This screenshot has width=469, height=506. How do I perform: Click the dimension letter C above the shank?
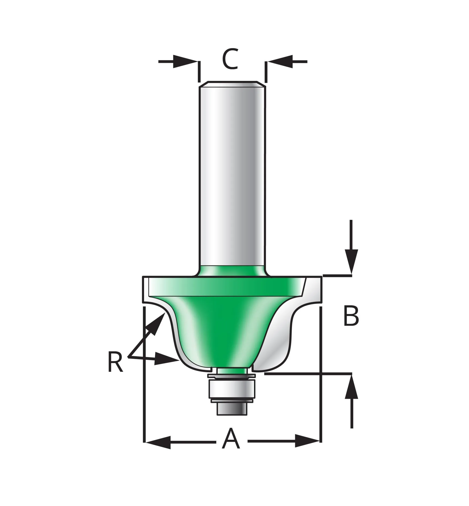(230, 59)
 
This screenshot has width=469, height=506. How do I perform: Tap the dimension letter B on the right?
(351, 316)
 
